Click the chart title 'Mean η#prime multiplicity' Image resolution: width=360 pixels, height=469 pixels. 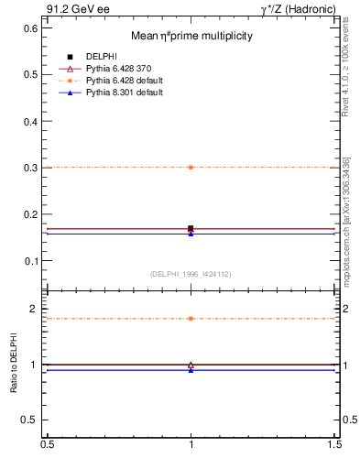point(191,36)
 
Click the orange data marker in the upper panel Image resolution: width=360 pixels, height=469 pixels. point(191,167)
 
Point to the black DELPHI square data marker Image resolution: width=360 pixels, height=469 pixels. point(191,228)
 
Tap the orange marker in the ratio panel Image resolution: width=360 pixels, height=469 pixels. point(191,318)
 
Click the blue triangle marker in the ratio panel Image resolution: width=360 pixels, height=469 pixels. point(191,370)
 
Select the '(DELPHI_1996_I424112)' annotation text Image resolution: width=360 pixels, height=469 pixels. point(191,273)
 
